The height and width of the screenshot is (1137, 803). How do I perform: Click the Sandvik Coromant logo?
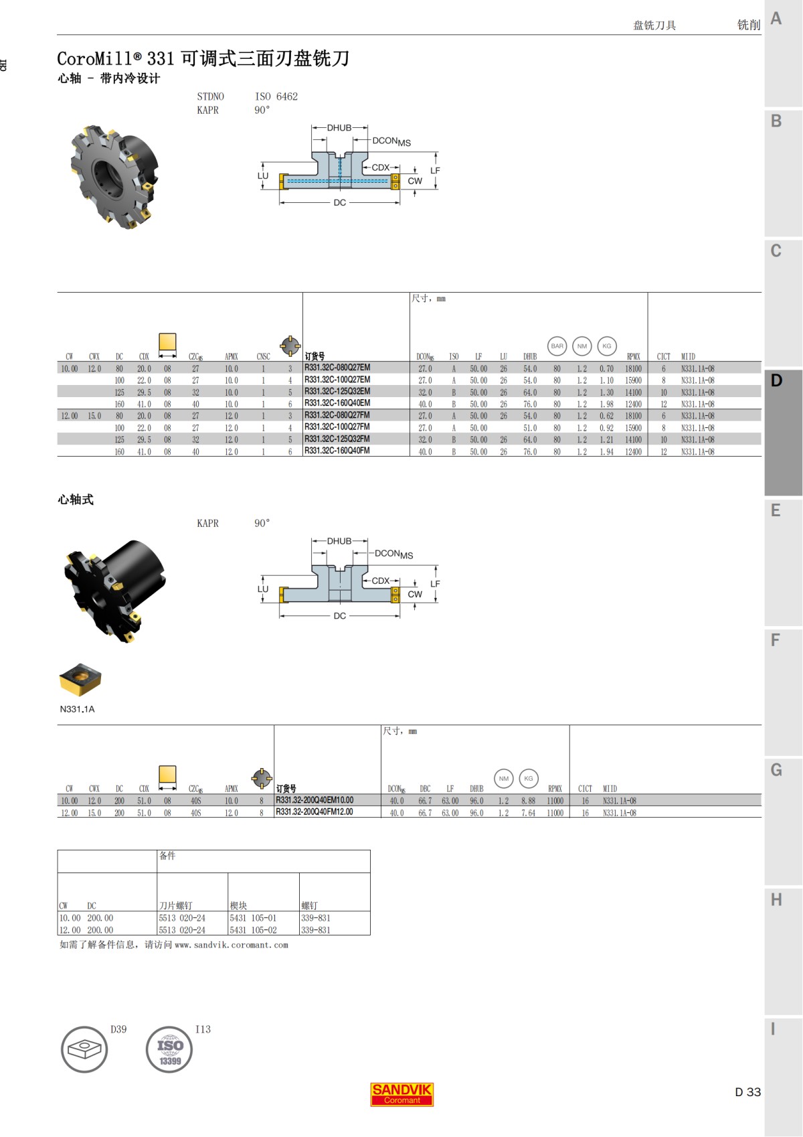(x=401, y=1094)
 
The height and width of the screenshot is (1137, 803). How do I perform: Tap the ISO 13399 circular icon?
(x=169, y=1049)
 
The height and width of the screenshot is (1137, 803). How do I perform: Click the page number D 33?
(x=747, y=1091)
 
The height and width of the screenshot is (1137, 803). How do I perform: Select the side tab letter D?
(x=776, y=380)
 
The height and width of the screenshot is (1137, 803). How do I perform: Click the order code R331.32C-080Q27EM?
(x=337, y=368)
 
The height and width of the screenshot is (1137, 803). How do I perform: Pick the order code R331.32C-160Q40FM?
(x=337, y=451)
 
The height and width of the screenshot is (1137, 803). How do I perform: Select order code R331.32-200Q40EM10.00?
(x=315, y=800)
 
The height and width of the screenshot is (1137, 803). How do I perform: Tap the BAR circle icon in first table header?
(x=557, y=346)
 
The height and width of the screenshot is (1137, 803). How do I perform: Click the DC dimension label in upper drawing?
(x=339, y=202)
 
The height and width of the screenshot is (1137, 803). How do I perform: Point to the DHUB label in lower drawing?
(x=339, y=541)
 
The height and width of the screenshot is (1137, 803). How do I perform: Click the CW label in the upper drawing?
(x=415, y=181)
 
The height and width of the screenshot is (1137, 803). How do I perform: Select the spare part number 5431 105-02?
(x=253, y=930)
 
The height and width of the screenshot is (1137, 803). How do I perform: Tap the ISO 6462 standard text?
(x=276, y=96)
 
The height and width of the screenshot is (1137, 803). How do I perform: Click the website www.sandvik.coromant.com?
(x=231, y=945)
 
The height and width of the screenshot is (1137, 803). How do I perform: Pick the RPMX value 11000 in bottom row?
(x=555, y=813)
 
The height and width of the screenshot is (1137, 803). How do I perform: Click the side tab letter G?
(x=776, y=770)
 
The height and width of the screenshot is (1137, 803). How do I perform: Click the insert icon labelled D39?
(x=84, y=1049)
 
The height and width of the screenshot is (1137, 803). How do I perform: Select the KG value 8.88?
(x=528, y=801)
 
